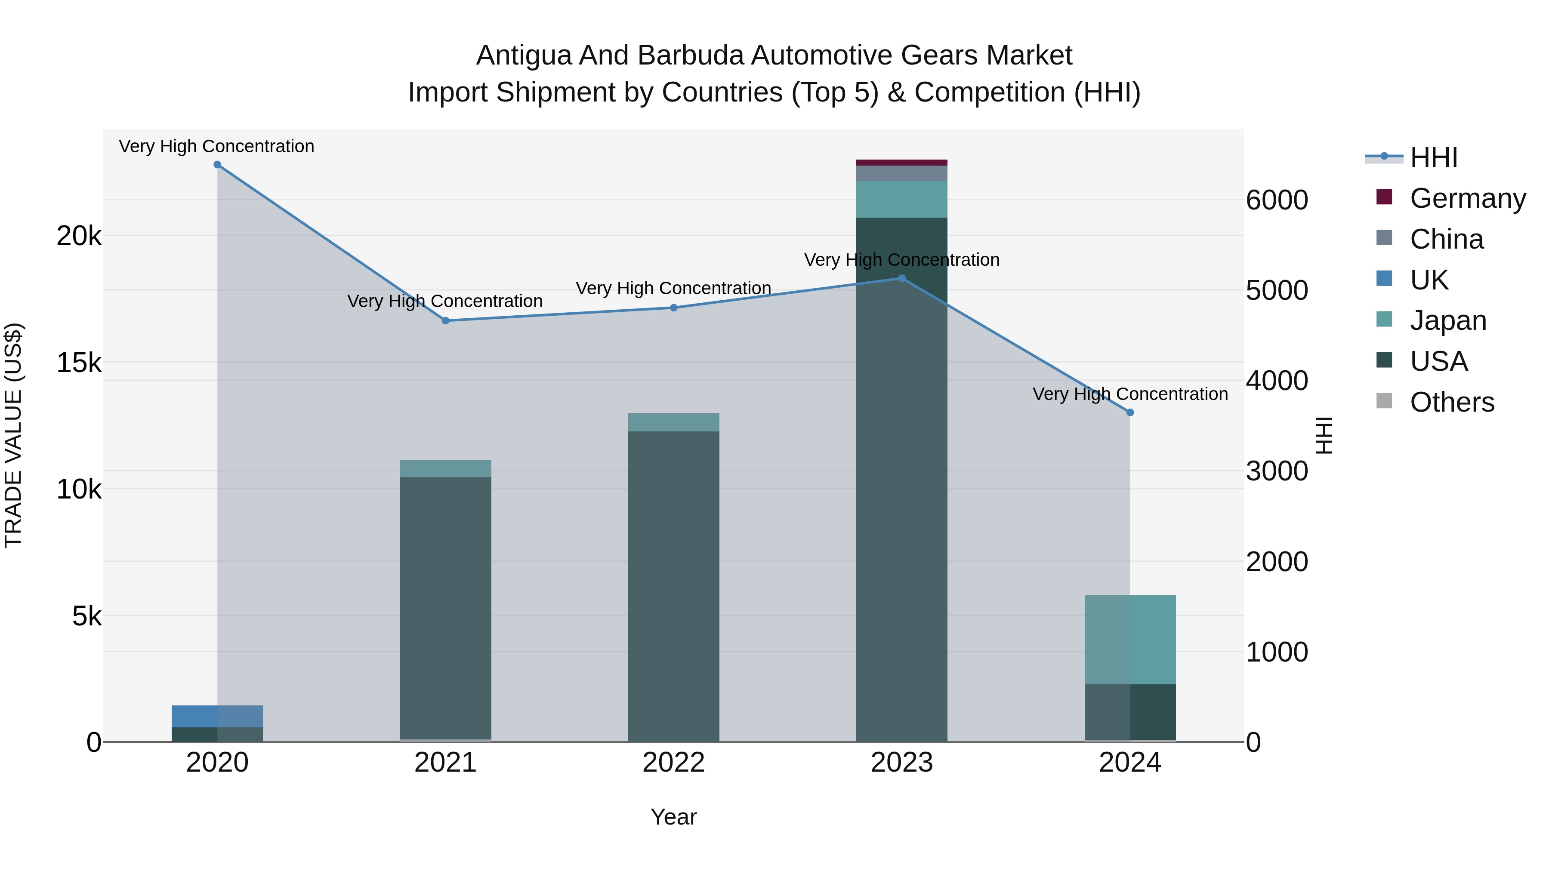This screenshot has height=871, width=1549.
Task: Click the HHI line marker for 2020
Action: tap(218, 165)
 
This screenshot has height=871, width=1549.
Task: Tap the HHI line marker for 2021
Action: tap(446, 321)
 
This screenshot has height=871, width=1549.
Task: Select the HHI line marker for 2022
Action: tap(673, 308)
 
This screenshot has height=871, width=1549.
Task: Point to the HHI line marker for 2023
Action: tap(902, 278)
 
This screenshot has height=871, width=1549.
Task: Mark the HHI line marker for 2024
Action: tap(1130, 412)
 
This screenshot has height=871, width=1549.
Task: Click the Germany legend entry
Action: tap(1467, 198)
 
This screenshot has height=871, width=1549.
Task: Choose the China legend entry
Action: tap(1446, 239)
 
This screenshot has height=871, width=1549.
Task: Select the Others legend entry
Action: tap(1452, 402)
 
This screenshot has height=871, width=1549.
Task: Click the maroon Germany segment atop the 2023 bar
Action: tap(902, 162)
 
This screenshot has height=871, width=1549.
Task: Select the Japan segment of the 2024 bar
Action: tap(1130, 640)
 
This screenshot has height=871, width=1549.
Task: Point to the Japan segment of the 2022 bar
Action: tap(673, 422)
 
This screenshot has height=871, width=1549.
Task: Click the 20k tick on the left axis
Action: tap(79, 236)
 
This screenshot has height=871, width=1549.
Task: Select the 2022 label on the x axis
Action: tap(673, 763)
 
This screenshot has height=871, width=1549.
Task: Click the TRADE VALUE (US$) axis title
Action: tap(13, 435)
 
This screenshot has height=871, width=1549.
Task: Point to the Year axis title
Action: tap(673, 817)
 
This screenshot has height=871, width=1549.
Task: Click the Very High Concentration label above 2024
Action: tap(1130, 394)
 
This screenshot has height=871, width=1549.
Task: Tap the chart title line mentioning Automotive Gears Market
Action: tap(774, 55)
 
